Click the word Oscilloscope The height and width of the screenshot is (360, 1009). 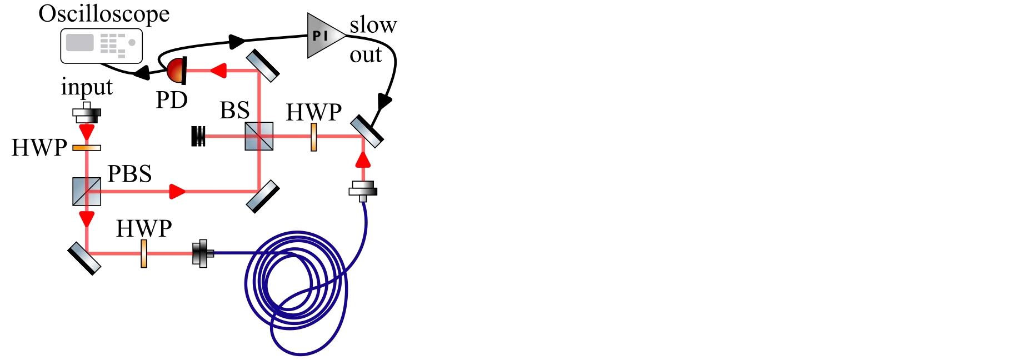click(x=104, y=13)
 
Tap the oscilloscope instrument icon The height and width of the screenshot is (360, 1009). click(x=102, y=46)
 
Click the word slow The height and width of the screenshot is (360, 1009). click(x=373, y=25)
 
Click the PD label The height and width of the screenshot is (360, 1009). click(x=172, y=100)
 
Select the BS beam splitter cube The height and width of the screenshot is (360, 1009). click(x=259, y=136)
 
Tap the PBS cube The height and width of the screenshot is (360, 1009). click(x=87, y=192)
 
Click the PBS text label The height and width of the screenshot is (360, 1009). click(x=129, y=174)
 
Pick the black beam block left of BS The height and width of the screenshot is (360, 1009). click(x=198, y=136)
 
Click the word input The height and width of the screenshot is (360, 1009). click(x=87, y=87)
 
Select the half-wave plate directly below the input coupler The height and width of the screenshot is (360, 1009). click(x=87, y=148)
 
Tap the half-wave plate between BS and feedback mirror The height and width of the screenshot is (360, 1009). click(x=314, y=137)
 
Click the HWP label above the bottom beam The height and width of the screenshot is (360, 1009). click(x=144, y=228)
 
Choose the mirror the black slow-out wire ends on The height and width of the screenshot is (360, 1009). click(x=367, y=131)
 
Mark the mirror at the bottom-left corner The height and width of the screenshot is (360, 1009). click(x=85, y=258)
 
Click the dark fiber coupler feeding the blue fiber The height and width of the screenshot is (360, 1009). click(x=203, y=253)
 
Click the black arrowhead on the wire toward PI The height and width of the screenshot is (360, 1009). click(x=237, y=40)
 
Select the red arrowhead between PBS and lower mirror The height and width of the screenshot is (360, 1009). click(x=87, y=219)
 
